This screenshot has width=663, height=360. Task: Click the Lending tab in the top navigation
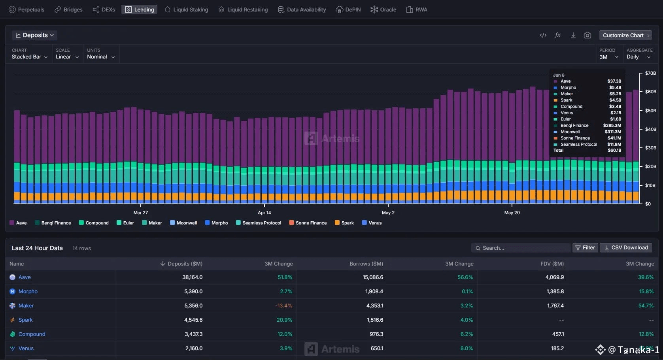(140, 9)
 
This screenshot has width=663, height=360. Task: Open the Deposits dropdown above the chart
(35, 35)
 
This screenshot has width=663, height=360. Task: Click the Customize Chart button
(625, 35)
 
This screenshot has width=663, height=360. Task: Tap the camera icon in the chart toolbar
(587, 35)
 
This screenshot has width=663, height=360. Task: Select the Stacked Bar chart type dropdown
(29, 57)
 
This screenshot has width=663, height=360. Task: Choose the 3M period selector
(608, 57)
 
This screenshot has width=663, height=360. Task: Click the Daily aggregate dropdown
(638, 57)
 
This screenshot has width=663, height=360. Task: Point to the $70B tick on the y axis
(650, 73)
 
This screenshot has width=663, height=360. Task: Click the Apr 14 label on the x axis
(264, 212)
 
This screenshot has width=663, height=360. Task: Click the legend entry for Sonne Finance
(308, 223)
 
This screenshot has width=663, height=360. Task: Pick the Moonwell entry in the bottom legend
(183, 223)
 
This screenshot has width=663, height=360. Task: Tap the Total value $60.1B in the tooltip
(614, 150)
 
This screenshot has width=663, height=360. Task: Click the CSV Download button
(626, 248)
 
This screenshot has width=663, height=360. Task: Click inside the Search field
(521, 248)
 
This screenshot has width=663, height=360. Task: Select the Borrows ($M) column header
(366, 264)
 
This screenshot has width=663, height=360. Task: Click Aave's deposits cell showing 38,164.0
(193, 277)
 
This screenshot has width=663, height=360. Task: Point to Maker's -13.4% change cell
(283, 305)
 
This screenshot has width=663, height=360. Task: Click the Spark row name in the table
(25, 320)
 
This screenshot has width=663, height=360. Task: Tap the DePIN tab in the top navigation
(348, 9)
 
